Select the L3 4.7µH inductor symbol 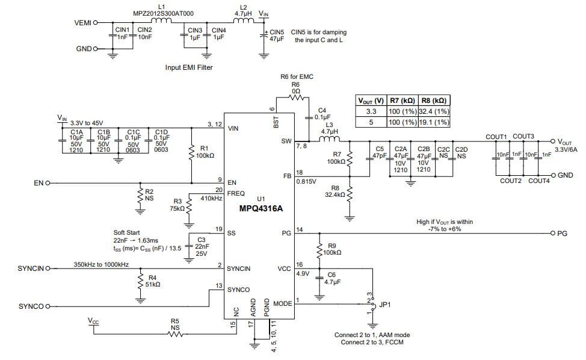[329, 140]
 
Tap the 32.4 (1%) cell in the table [433, 111]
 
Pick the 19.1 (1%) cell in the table [433, 122]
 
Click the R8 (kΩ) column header [433, 101]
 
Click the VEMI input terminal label [82, 23]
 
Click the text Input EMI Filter [189, 67]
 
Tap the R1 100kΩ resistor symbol [191, 151]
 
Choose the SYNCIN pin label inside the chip [238, 268]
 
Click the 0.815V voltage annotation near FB [306, 181]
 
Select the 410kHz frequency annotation [212, 197]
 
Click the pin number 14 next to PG [300, 229]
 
